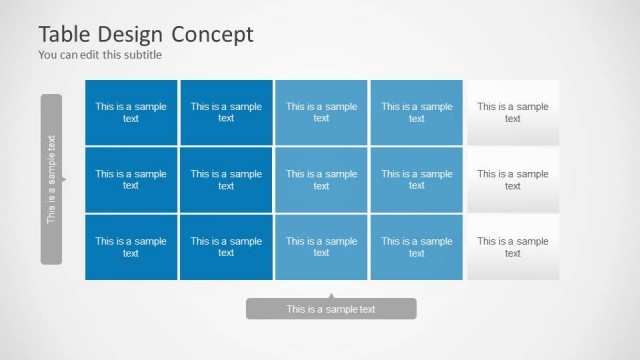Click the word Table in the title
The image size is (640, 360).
point(63,34)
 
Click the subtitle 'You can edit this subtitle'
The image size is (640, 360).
point(99,55)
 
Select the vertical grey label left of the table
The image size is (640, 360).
point(51,179)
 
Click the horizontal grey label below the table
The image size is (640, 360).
point(331,309)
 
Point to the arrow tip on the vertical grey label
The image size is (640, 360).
point(65,180)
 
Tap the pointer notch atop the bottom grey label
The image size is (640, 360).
point(331,296)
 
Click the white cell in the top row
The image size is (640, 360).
point(513,112)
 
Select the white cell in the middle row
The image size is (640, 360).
point(513,180)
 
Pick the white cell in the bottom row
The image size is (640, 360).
point(513,247)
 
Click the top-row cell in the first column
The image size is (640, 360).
point(131,112)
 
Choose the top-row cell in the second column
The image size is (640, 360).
point(226,112)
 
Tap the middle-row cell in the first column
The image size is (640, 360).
point(131,180)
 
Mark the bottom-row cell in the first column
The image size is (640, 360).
point(131,247)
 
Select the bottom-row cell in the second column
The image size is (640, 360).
point(226,247)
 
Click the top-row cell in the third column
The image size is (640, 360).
point(321,112)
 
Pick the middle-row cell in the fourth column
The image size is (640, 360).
point(416,180)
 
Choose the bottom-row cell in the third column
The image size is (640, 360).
point(321,247)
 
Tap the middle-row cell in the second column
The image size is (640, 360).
point(226,180)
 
